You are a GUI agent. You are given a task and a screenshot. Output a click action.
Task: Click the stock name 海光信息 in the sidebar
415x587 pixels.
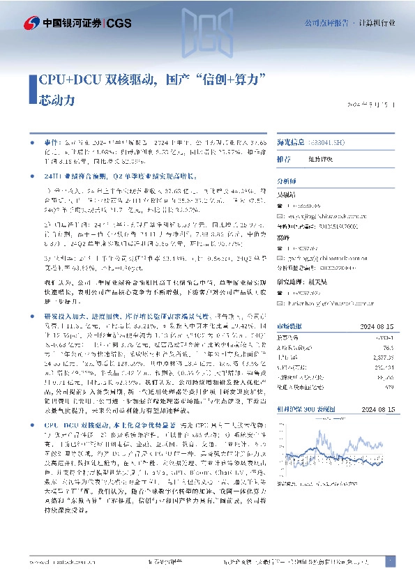tap(293, 143)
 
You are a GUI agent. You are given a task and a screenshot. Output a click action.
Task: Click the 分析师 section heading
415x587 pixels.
tap(287, 180)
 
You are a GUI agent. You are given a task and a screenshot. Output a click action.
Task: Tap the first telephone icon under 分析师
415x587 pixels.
tap(280, 206)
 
